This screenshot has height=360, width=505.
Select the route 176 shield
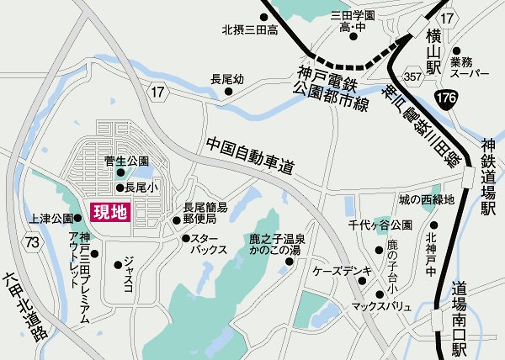pos(447,101)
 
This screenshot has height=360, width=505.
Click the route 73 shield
pos(32,243)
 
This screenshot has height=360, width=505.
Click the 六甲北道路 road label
pos(24,305)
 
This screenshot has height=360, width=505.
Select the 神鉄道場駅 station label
pos(489,177)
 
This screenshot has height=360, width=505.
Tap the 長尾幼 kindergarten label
pos(227,79)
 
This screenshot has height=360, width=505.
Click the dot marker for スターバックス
pos(183,239)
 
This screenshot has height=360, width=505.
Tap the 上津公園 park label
pos(50,218)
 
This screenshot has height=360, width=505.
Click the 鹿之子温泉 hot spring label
pos(275,240)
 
